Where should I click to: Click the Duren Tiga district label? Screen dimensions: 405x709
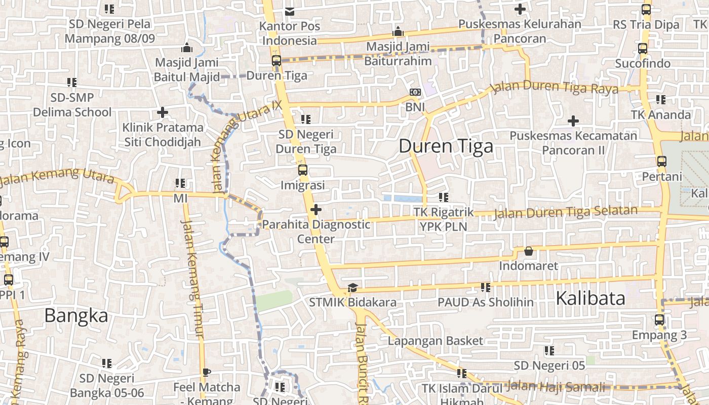click(446, 146)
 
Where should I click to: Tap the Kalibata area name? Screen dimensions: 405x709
click(590, 298)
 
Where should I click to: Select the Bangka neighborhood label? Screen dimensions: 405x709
click(76, 315)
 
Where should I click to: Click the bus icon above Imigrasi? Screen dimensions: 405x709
click(302, 170)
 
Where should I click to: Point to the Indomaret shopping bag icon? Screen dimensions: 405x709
click(528, 251)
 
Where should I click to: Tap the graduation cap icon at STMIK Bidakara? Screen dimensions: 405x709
click(352, 288)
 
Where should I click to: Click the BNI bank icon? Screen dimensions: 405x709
click(415, 92)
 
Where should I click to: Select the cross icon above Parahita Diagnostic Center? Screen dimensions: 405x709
click(316, 209)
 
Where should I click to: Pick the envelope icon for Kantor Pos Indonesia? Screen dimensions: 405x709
click(289, 11)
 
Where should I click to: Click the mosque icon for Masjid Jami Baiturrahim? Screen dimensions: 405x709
click(398, 31)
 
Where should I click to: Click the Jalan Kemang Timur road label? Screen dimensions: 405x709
click(192, 278)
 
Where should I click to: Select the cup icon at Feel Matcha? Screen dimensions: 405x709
click(206, 373)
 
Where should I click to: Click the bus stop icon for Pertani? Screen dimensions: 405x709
click(661, 161)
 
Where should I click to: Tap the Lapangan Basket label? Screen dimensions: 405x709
click(435, 341)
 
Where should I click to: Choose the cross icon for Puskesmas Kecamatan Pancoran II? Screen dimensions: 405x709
click(573, 121)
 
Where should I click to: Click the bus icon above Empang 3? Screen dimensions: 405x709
click(659, 320)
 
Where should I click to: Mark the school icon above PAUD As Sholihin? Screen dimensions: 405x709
click(485, 288)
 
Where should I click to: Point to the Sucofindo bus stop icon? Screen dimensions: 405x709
click(642, 49)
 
